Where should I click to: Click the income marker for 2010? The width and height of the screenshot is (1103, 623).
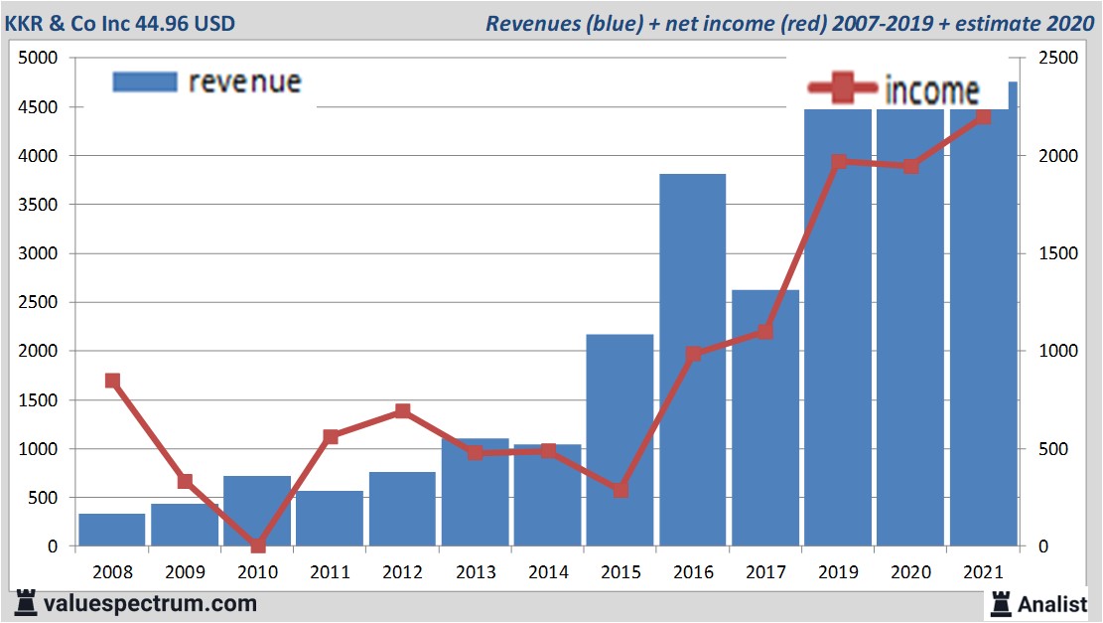[x=258, y=545]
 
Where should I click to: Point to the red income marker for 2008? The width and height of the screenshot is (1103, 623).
[x=112, y=381]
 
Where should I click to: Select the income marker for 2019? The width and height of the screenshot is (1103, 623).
[x=839, y=162]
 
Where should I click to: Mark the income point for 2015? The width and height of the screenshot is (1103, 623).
[x=620, y=490]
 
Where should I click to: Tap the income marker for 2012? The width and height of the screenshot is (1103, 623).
[x=402, y=410]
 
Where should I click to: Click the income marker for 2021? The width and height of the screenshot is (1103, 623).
[x=983, y=117]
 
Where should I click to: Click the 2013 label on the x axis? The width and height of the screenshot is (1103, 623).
[x=476, y=572]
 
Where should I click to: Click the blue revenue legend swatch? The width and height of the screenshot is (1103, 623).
[x=145, y=81]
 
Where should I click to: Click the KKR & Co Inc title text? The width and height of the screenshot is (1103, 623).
[x=124, y=22]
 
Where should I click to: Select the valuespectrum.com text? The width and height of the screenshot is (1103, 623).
[x=150, y=603]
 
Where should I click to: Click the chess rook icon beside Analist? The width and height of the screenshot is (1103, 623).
[x=1000, y=603]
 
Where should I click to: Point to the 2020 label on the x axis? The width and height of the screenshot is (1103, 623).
[x=910, y=572]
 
